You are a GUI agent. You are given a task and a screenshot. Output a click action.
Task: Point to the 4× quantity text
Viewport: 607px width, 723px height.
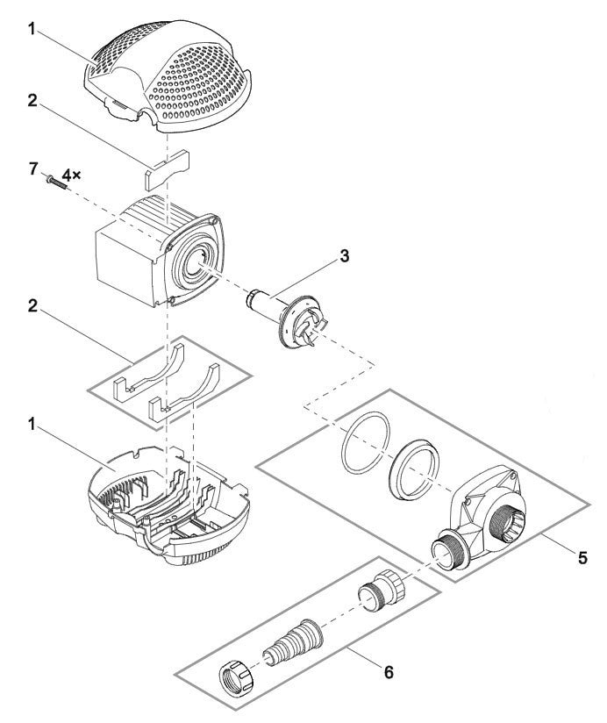pyautogui.click(x=71, y=175)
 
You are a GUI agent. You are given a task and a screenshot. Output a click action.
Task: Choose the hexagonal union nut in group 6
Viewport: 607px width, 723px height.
pyautogui.click(x=234, y=679)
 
